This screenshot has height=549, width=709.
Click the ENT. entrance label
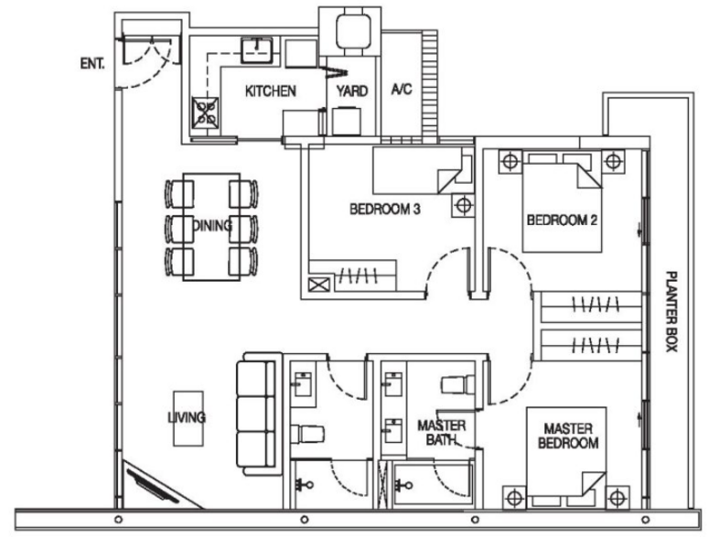coord(91,64)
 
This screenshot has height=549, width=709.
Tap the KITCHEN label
coord(270,91)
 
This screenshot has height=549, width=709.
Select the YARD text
coord(352,91)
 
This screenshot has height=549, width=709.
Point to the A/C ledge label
coord(402,91)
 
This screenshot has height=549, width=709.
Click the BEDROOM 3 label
coord(384,210)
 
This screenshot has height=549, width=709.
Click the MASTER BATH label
coord(442,433)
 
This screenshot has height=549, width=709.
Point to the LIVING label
coord(187,418)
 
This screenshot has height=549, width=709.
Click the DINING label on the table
coord(212,225)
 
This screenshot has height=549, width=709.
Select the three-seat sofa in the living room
coord(255,416)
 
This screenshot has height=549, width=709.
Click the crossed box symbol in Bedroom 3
coord(321,284)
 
